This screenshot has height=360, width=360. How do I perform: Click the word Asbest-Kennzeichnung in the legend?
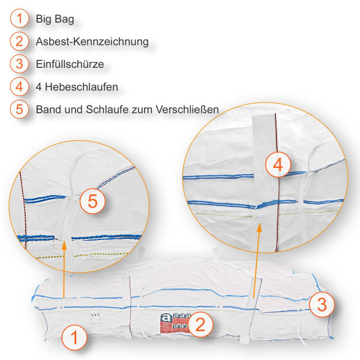click(x=92, y=42)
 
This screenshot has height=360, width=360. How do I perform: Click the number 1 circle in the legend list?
click(x=20, y=19)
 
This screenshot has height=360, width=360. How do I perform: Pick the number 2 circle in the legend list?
click(x=20, y=41)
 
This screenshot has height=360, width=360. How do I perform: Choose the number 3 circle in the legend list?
click(x=20, y=64)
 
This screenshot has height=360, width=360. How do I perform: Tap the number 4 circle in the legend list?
click(x=20, y=86)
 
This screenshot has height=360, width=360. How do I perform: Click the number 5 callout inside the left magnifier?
click(x=92, y=202)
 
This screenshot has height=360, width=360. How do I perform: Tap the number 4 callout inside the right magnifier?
click(x=277, y=164)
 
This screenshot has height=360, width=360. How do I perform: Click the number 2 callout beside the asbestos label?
click(x=201, y=325)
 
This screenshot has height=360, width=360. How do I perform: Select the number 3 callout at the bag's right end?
click(x=322, y=304)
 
